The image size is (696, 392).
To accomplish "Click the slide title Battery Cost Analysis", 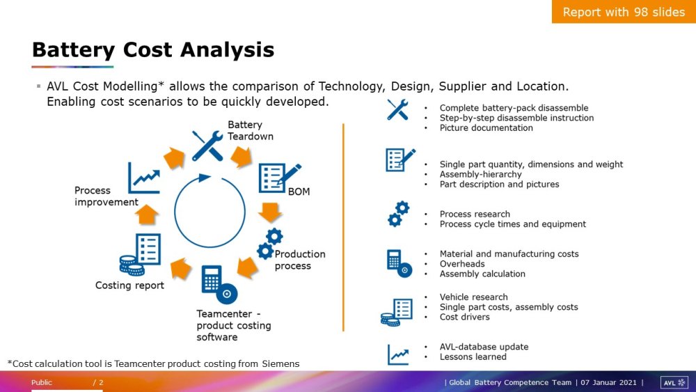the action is coord(153,49).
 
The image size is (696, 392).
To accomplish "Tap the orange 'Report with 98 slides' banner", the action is coord(624,12).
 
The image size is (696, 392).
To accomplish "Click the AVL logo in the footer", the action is coord(674,382).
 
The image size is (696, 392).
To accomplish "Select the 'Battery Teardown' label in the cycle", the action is coord(251,130).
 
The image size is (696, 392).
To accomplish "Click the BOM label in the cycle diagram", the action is coord(299,191).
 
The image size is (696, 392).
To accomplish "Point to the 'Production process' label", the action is coord(299,260).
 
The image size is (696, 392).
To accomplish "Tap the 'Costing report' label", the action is coord(129,285).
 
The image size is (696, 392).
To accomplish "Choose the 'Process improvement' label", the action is coord(106,196).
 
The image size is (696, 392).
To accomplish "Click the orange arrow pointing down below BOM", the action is coord(269,212).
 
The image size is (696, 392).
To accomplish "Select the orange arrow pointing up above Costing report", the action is coord(146,214).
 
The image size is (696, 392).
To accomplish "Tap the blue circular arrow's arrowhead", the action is coord(204,178).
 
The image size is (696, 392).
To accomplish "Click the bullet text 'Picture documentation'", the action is coord(486,128).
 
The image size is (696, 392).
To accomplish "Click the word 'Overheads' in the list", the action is coord(462,264).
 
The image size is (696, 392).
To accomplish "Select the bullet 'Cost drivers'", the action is coord(464,317).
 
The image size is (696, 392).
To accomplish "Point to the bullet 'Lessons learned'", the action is coord(473,357).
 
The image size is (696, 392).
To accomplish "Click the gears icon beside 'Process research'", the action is coord(399,214).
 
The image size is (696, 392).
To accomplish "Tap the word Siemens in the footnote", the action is coord(280,364).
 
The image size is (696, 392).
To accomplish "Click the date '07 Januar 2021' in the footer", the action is coord(608,382).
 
